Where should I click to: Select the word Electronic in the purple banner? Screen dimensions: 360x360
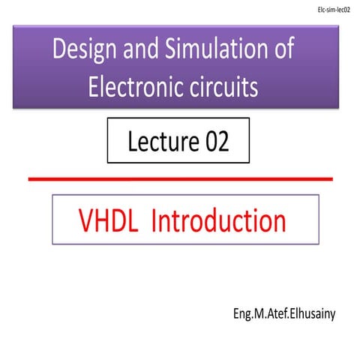coord(136,88)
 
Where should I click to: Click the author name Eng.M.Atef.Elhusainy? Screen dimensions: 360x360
coord(285,310)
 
